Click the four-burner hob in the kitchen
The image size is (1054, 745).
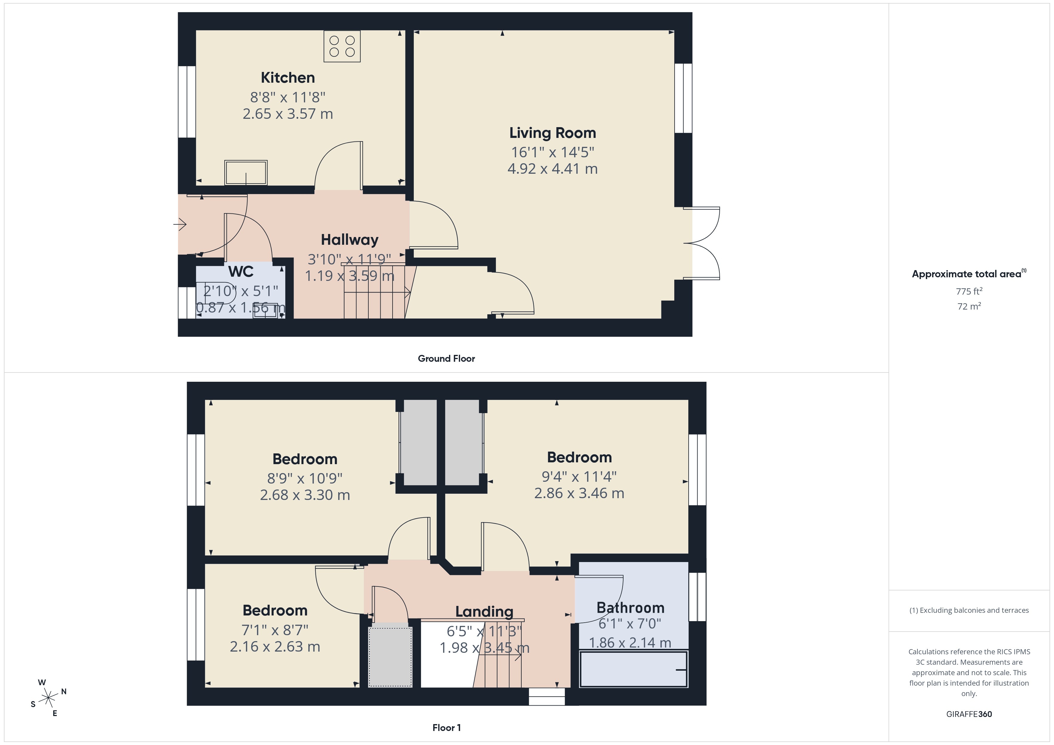tap(342, 46)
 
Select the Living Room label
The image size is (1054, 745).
tap(552, 133)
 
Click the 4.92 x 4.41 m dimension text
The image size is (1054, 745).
tap(552, 169)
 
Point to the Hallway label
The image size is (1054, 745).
tap(349, 240)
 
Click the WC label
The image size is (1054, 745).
tap(240, 272)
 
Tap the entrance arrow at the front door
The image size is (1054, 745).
tap(180, 224)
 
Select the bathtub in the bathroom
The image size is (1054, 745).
tap(633, 669)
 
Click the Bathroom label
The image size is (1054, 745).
tap(630, 608)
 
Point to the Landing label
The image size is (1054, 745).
tap(484, 612)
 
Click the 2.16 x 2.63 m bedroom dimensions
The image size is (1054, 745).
tap(275, 647)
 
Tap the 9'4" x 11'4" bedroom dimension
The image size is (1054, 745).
tap(579, 477)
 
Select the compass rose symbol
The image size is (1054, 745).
tap(48, 698)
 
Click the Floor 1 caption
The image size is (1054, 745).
tap(446, 728)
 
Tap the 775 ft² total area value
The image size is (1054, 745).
tap(969, 291)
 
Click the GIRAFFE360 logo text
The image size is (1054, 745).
tap(969, 714)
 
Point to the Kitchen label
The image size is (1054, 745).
tap(288, 78)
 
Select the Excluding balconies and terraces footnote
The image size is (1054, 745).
tap(969, 610)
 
